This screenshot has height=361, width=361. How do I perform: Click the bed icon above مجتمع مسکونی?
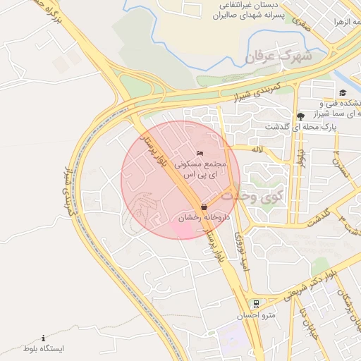pos(200,152)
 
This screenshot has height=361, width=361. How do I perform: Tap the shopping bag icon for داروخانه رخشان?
pos(204,207)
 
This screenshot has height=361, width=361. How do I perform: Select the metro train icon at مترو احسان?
pos(256,304)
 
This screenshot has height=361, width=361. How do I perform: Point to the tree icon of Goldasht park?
pos(301,116)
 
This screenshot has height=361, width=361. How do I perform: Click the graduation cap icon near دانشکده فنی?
pos(343,93)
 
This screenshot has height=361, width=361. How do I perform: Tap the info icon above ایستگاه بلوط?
pos(43,338)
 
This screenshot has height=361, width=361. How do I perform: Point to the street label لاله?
pos(257,148)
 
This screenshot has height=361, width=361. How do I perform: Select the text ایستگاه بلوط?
pos(44,349)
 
